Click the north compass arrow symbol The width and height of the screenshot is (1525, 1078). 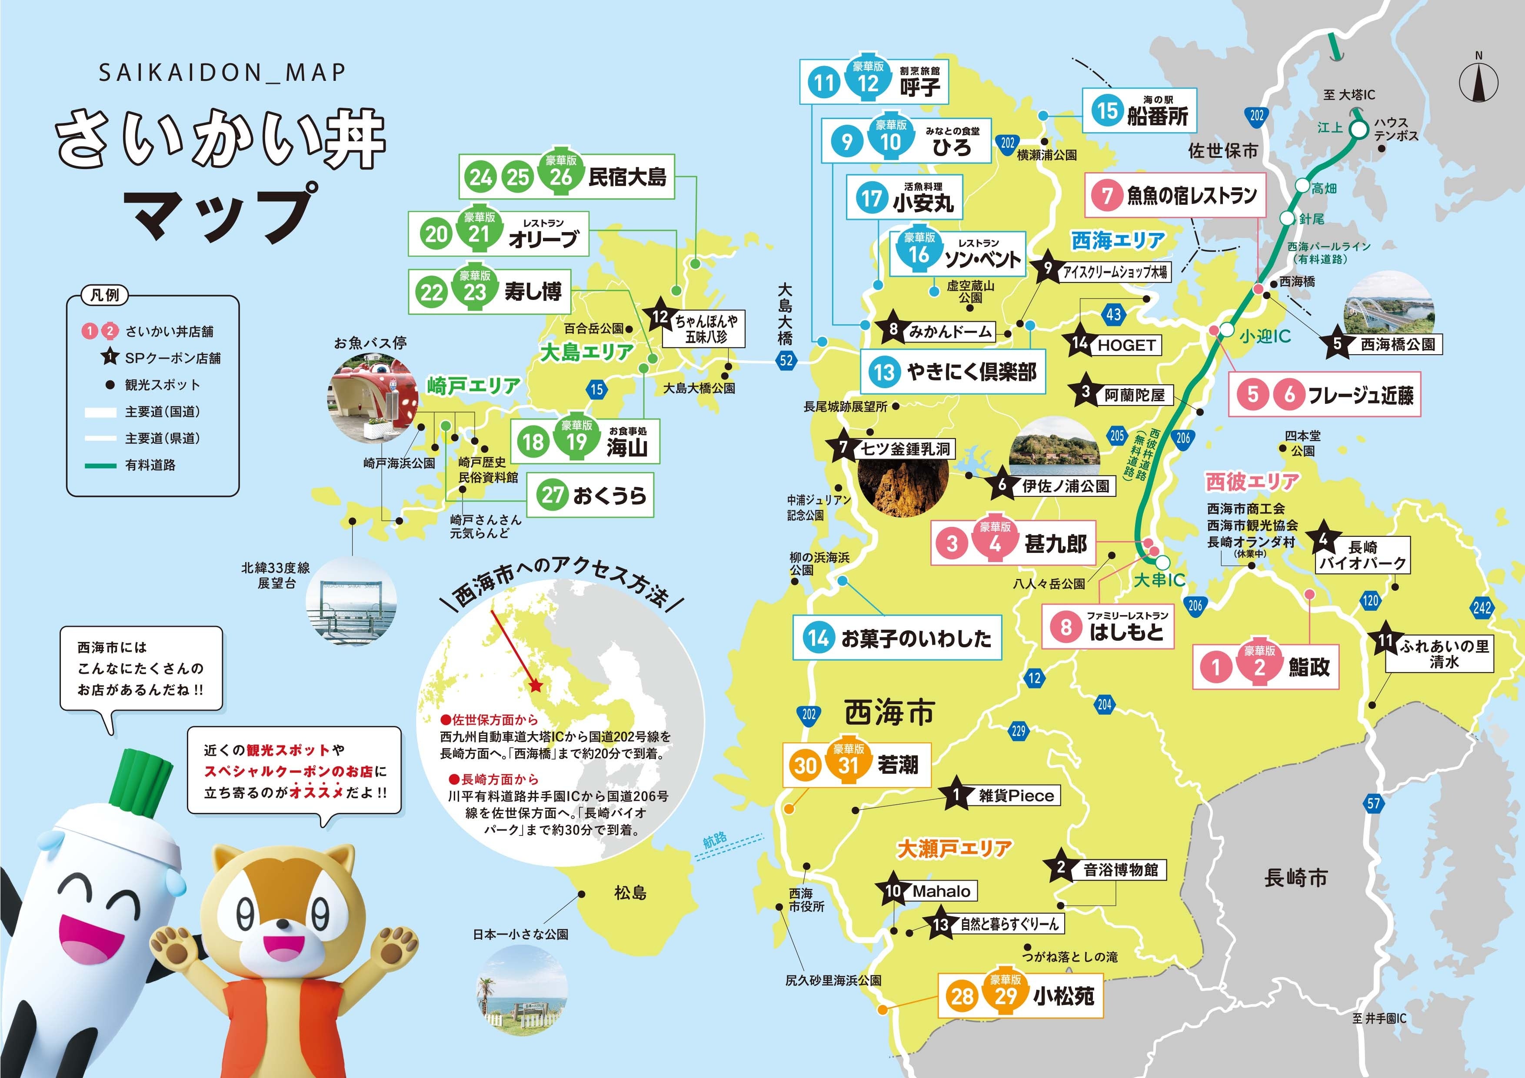[x=1478, y=81]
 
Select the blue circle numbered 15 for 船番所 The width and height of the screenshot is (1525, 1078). [x=1107, y=110]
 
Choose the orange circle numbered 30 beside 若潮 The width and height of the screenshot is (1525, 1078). [x=805, y=765]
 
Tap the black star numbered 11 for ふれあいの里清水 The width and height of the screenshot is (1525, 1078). [x=1385, y=640]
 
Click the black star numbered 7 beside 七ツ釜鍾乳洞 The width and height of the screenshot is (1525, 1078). [x=843, y=447]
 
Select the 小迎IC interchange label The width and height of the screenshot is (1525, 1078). [x=1265, y=337]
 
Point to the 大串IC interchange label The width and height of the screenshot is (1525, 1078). [x=1159, y=580]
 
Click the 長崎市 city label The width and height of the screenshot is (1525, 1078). [x=1295, y=878]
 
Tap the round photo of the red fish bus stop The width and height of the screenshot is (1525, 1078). [x=372, y=399]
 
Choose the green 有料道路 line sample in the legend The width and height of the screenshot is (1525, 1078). [x=101, y=466]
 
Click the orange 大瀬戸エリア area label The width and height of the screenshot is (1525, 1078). [x=955, y=848]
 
